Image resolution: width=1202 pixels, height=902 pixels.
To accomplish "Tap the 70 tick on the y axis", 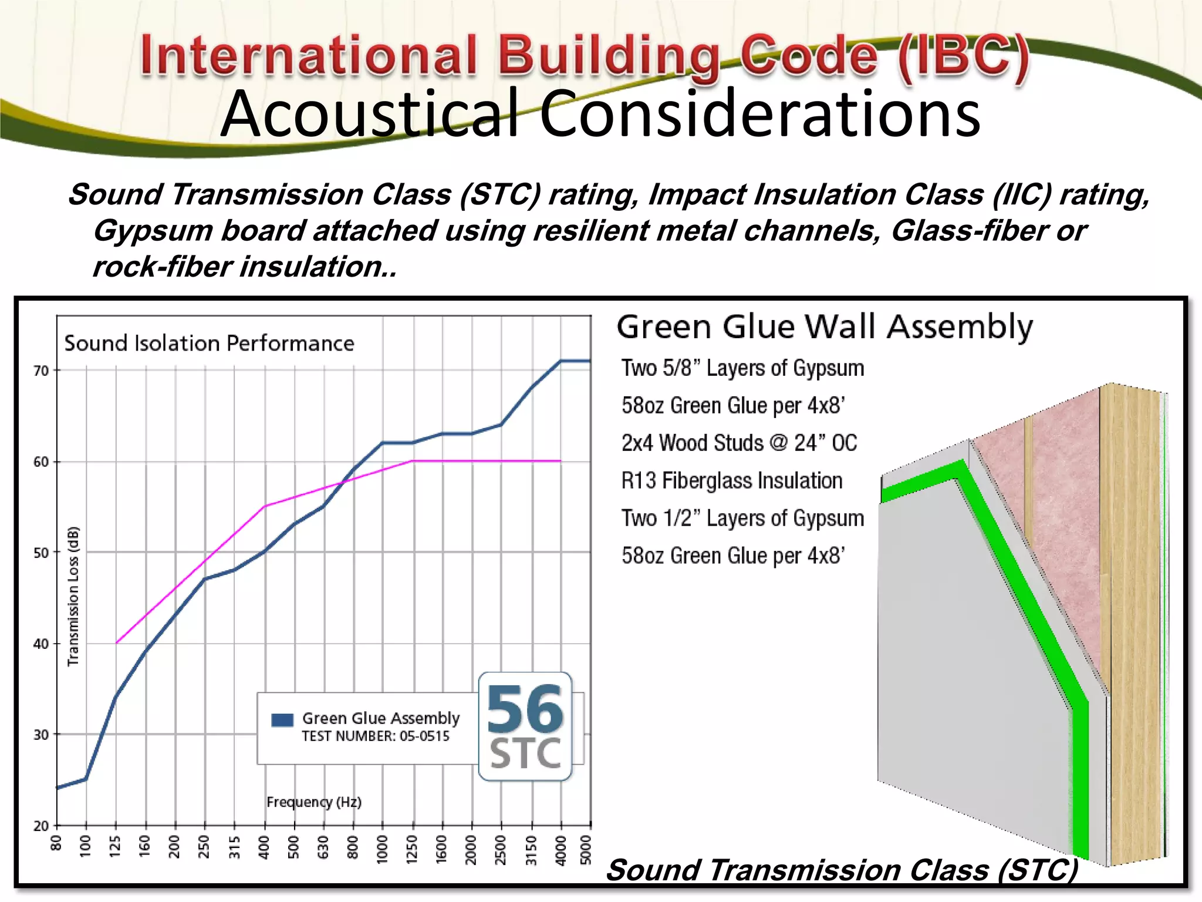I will pos(41,371).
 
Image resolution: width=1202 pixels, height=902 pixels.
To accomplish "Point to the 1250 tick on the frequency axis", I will pos(413,850).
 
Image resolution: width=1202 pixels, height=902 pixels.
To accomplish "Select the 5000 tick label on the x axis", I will pos(586,850).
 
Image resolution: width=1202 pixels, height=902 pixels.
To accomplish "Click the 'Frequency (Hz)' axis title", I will pos(314,802).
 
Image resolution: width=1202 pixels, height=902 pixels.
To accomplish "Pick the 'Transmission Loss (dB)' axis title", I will pos(73,596).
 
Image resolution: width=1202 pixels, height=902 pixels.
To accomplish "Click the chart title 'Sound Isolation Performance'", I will pos(210,343).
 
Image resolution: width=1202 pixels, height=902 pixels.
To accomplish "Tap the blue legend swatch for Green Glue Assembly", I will pos(282,720).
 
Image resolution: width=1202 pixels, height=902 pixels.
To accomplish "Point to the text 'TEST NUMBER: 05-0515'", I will pos(376,736).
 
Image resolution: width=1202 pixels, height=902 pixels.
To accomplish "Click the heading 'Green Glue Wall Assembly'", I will pos(825,327).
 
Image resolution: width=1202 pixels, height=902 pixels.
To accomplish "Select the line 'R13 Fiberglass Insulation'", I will pos(732,481).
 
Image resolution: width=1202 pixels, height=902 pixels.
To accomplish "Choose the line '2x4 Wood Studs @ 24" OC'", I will pos(740,443).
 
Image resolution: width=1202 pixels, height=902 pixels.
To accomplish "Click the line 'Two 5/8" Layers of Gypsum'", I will pos(743,368).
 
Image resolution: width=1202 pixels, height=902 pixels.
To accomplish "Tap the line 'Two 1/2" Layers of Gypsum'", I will pos(743,519).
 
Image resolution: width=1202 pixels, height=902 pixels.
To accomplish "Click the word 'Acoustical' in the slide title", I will pos(370,115).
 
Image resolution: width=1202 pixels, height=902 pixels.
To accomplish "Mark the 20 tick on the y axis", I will pos(41,826).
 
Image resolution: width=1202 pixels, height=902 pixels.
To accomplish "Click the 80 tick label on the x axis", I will pos(56,843).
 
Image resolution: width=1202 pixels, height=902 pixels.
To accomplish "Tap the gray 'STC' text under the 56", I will pos(525,754).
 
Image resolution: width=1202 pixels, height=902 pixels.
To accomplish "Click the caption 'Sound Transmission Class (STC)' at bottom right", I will pos(842,870).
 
